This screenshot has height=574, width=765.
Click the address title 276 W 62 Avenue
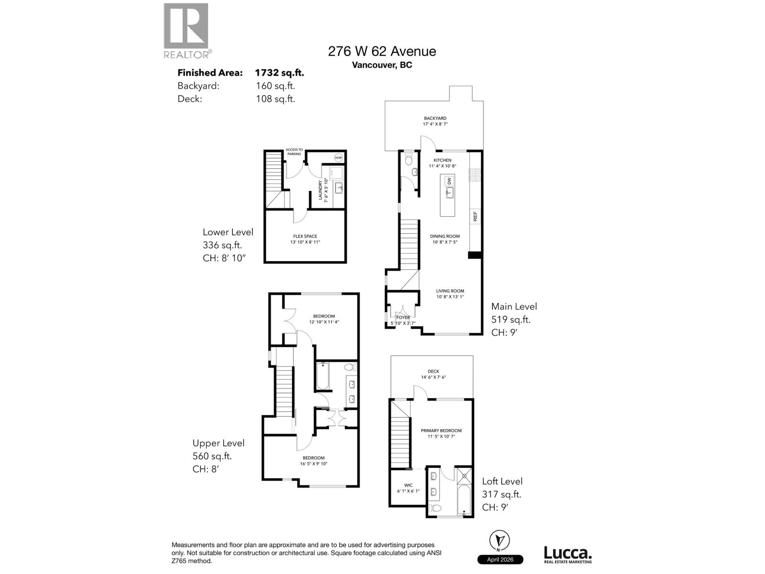click(x=382, y=51)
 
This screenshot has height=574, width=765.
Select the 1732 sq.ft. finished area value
click(x=279, y=73)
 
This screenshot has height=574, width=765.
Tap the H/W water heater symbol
click(x=339, y=158)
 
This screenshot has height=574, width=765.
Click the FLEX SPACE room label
click(x=305, y=236)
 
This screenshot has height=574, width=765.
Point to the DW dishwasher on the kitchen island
click(x=449, y=181)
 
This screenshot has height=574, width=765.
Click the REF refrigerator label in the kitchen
click(x=475, y=216)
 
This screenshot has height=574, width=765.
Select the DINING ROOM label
click(x=445, y=236)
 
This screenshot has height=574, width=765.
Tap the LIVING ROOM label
click(x=450, y=291)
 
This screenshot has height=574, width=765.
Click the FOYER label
click(x=403, y=317)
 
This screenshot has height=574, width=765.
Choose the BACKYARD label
click(x=435, y=118)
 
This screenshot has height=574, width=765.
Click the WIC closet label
click(x=408, y=485)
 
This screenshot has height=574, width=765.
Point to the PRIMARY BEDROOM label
click(x=441, y=430)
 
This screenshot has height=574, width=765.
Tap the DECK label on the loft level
click(x=433, y=371)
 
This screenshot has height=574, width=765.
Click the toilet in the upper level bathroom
click(x=350, y=367)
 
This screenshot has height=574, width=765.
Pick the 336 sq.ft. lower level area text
click(x=222, y=245)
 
